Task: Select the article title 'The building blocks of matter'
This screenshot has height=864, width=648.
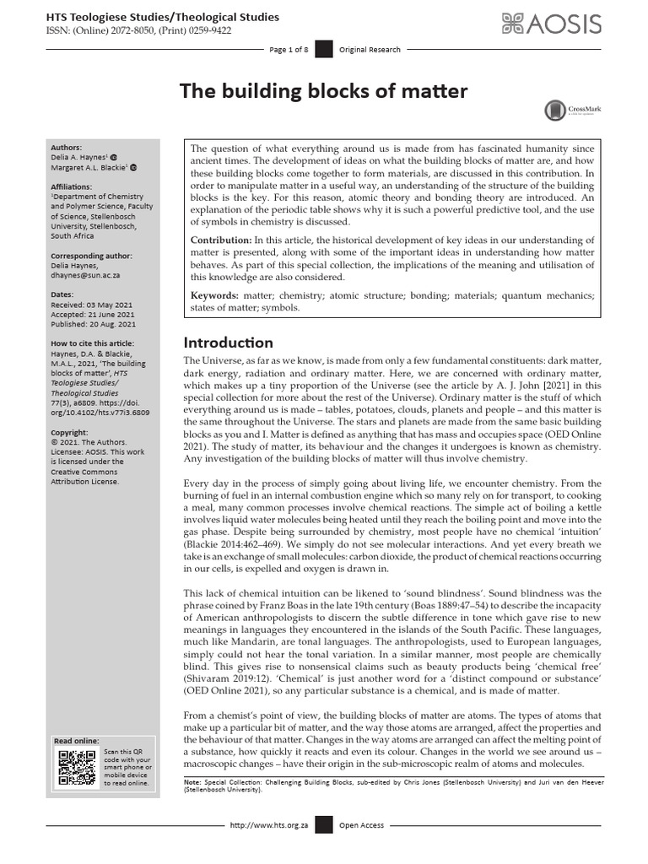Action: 323,91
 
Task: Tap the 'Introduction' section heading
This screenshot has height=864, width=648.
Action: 229,343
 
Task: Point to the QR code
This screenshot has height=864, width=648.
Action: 75,767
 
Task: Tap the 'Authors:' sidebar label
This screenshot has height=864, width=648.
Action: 67,147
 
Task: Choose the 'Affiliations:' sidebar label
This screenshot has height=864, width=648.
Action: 73,186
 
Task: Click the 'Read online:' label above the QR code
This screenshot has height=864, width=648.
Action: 76,741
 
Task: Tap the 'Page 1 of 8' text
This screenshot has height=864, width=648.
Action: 290,50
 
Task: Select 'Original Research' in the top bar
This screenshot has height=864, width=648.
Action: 370,50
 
